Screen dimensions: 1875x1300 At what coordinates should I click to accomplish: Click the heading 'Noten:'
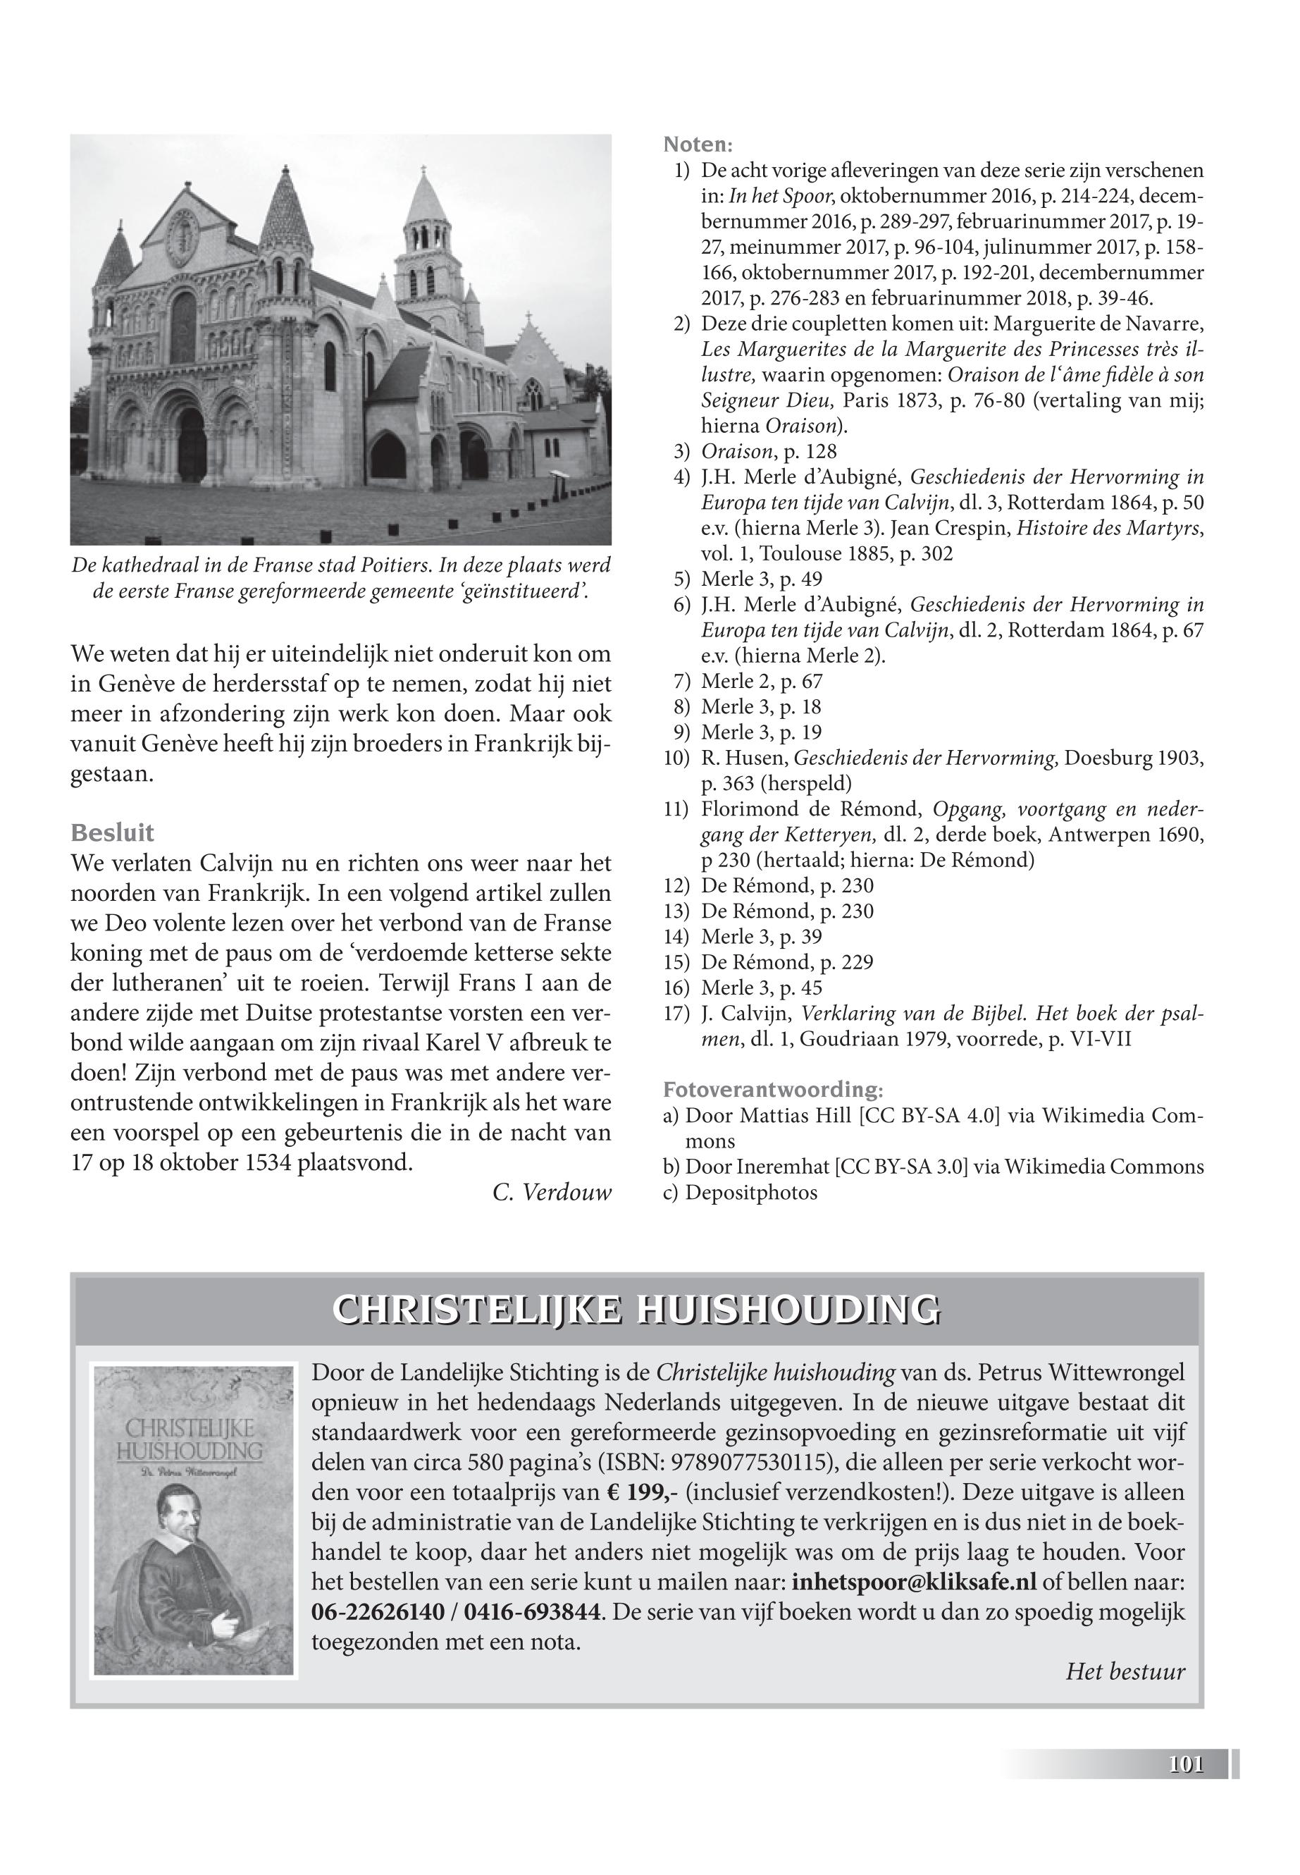point(698,145)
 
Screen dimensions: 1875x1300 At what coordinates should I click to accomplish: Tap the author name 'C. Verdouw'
point(552,1192)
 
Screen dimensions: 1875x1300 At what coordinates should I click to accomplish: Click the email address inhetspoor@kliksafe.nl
point(914,1582)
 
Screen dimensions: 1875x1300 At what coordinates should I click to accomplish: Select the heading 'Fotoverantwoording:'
point(773,1090)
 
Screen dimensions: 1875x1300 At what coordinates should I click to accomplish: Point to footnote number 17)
point(678,1014)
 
